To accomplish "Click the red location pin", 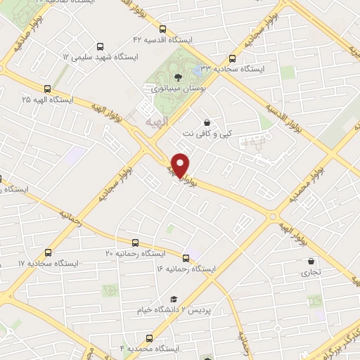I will click(181, 165).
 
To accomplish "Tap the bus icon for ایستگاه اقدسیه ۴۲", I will click(163, 30).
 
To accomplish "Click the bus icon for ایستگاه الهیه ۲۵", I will click(47, 89).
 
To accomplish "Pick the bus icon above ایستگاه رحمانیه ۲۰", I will click(135, 243).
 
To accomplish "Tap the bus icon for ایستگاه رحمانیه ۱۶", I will click(186, 258).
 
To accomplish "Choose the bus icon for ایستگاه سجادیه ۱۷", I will click(49, 252).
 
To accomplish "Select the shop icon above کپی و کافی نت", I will click(206, 120).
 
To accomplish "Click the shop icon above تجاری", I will click(311, 261).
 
